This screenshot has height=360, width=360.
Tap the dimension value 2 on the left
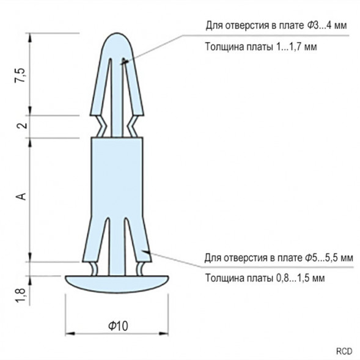(22, 126)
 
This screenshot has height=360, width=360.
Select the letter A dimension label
(21, 196)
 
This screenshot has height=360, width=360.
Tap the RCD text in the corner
(344, 351)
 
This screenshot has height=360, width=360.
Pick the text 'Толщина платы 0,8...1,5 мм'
(264, 277)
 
